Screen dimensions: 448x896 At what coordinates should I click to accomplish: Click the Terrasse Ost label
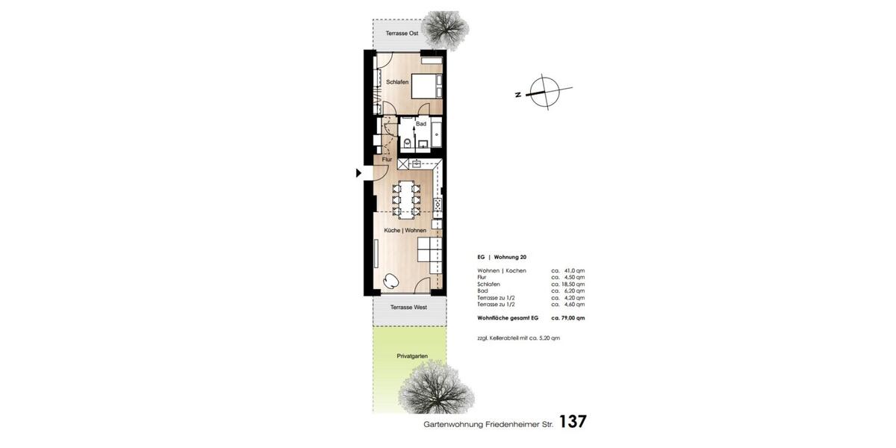(402, 34)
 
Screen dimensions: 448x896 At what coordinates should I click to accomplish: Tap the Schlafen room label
(396, 81)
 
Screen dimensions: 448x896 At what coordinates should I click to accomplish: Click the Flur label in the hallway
(387, 159)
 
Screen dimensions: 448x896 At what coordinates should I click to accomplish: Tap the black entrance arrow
(358, 173)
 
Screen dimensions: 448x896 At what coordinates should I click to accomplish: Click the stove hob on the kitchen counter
(438, 202)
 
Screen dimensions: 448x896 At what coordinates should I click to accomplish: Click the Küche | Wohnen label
(405, 231)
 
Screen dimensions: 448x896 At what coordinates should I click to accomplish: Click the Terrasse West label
(408, 307)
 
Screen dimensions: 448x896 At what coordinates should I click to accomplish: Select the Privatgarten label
(412, 357)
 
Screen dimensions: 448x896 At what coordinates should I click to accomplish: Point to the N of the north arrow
(517, 95)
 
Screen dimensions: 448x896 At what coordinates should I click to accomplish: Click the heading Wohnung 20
(512, 256)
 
